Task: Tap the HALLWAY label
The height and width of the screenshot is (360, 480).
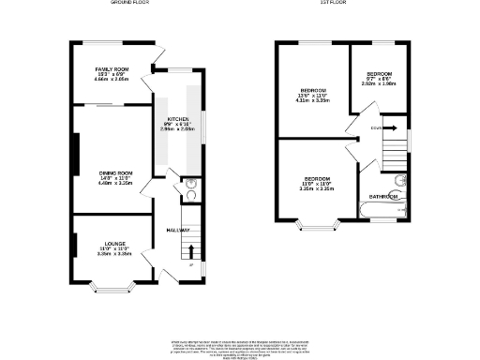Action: [179, 231]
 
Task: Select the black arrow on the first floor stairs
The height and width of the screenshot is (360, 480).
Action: [392, 127]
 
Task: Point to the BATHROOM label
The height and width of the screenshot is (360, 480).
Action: [383, 197]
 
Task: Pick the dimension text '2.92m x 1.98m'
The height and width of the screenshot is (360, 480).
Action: [379, 83]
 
